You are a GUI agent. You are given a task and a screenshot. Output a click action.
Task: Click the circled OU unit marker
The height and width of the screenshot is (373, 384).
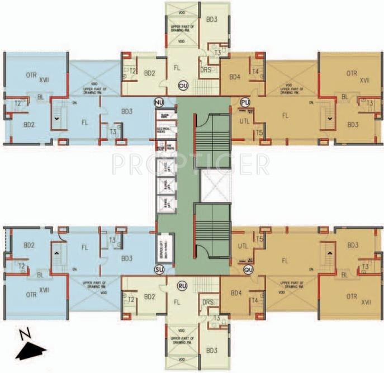click(183, 85)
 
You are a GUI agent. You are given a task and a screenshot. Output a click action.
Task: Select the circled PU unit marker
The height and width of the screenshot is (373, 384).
click(244, 102)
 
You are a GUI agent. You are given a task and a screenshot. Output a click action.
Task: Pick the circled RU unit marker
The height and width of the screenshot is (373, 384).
click(182, 285)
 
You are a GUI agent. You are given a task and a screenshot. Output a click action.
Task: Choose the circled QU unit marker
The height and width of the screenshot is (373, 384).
click(248, 270)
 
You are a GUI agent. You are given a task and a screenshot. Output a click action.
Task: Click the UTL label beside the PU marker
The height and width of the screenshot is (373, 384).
click(244, 121)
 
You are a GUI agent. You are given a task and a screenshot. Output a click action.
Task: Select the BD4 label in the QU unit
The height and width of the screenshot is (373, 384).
click(236, 292)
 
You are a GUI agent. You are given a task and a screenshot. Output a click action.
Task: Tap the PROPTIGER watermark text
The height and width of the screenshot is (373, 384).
click(189, 163)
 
